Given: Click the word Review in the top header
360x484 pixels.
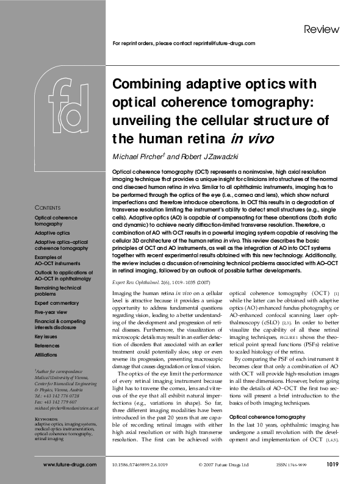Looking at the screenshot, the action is tap(317, 29).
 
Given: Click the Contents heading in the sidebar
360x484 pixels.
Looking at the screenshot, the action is tap(48, 207).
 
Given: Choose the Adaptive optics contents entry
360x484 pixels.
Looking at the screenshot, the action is tap(52, 233).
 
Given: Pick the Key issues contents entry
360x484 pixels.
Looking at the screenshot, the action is tap(46, 336).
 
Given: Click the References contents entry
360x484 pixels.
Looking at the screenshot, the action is tap(48, 344).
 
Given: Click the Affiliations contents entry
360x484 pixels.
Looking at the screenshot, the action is tap(48, 353).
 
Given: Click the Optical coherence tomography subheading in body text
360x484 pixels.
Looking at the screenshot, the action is tap(264, 416).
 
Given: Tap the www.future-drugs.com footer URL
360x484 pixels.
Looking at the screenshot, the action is tap(70, 464).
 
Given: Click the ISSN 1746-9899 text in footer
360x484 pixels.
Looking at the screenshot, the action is tap(292, 464).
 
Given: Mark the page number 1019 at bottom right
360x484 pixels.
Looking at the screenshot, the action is tap(333, 464).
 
